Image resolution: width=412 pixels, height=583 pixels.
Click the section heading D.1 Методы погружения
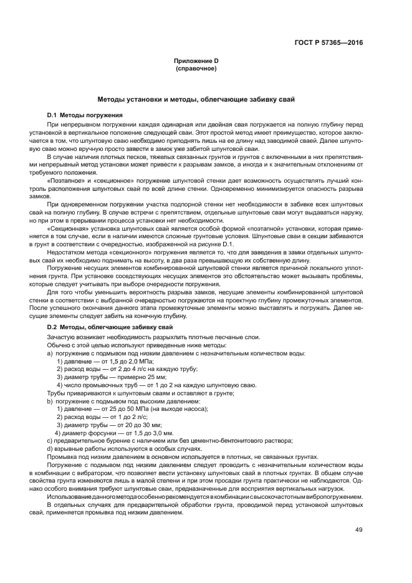[x=85, y=115]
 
